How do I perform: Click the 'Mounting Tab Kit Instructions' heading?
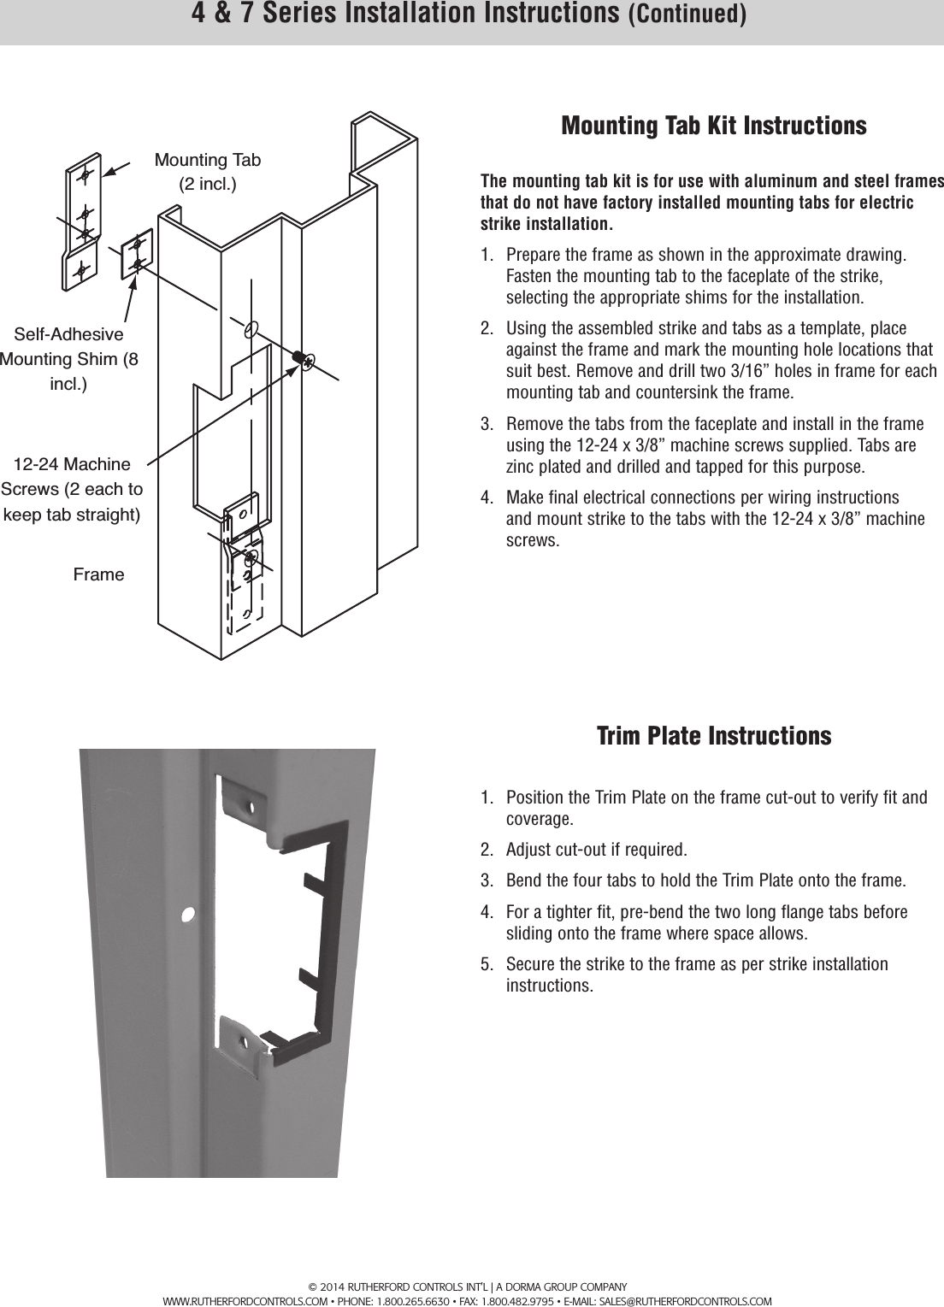click(x=713, y=126)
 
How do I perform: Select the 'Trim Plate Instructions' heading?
click(x=713, y=736)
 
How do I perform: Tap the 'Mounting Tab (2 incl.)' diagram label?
click(x=207, y=172)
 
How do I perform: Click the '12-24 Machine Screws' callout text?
click(x=72, y=490)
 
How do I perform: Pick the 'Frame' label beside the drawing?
click(x=98, y=574)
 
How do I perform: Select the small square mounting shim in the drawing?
click(x=137, y=253)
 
